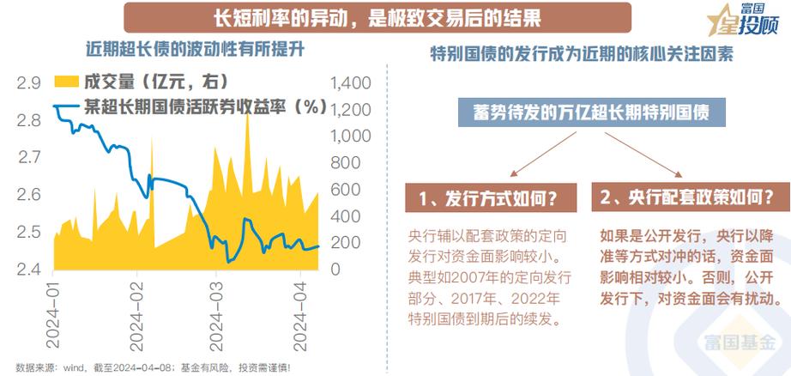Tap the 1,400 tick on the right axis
(x=347, y=83)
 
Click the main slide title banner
(x=377, y=17)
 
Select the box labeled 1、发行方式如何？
(x=486, y=198)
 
